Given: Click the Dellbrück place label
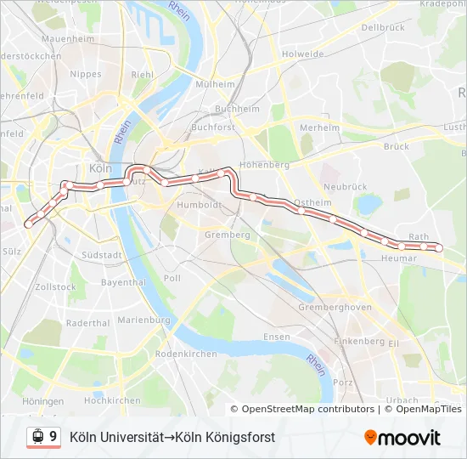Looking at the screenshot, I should tap(382, 27).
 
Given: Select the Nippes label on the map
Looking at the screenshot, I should tap(86, 74).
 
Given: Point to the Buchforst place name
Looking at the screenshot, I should tap(213, 127).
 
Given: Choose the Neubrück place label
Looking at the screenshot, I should tap(344, 185).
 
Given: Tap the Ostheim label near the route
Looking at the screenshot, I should tap(312, 204).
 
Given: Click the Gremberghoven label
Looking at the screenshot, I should tap(335, 307).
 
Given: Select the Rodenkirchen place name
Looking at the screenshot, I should tap(186, 354).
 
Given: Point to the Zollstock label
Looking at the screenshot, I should tap(56, 287).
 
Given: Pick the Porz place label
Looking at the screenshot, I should tap(343, 382).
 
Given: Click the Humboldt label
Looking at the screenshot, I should tap(199, 205).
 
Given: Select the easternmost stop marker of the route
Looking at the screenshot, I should tap(439, 247).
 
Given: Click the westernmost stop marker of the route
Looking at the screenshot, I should tap(28, 224).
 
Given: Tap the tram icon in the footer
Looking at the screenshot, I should tap(37, 437).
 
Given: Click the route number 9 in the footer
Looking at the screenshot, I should tap(53, 437).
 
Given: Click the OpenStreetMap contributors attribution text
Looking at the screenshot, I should tap(307, 409).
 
